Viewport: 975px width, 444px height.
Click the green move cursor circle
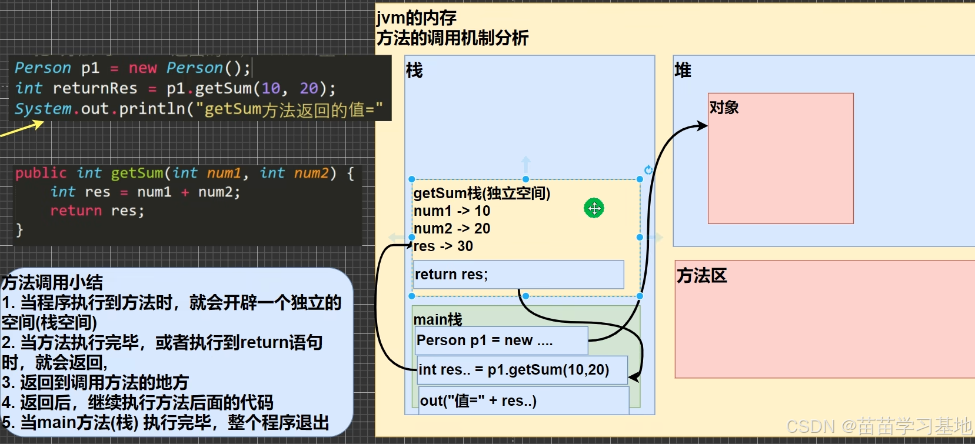coord(594,208)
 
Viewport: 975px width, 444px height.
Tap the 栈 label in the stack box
coord(414,71)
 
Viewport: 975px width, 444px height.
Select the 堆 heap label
coord(683,71)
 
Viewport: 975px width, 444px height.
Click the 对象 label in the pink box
coord(724,108)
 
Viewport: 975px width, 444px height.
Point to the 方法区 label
coord(701,275)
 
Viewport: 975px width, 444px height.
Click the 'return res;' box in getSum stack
coord(518,275)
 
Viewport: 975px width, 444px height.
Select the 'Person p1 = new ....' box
coord(501,340)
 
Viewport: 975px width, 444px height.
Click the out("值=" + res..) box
coord(523,401)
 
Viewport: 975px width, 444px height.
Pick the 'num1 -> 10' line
coord(451,211)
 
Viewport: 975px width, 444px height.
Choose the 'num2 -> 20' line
coord(451,229)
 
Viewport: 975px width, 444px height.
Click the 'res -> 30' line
coord(443,246)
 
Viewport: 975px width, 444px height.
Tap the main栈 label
coord(438,319)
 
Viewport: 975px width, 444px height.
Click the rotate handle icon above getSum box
coord(648,170)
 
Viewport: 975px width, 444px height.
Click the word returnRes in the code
coord(95,89)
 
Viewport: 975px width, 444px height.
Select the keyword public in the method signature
coord(41,173)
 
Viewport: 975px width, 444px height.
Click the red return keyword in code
coord(76,211)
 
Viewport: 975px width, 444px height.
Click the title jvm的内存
coord(417,18)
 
